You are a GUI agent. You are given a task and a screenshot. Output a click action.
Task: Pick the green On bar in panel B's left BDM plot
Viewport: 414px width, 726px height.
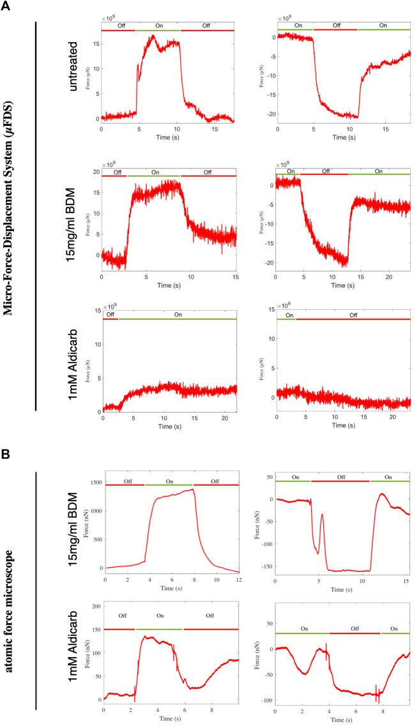pyautogui.click(x=169, y=485)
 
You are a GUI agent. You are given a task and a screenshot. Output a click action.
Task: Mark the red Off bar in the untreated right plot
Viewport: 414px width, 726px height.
pyautogui.click(x=335, y=30)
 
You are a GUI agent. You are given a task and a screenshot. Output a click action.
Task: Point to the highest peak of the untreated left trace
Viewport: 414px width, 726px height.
pyautogui.click(x=153, y=36)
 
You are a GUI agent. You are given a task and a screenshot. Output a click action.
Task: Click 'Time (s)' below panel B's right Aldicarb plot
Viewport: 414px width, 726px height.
pyautogui.click(x=342, y=720)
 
